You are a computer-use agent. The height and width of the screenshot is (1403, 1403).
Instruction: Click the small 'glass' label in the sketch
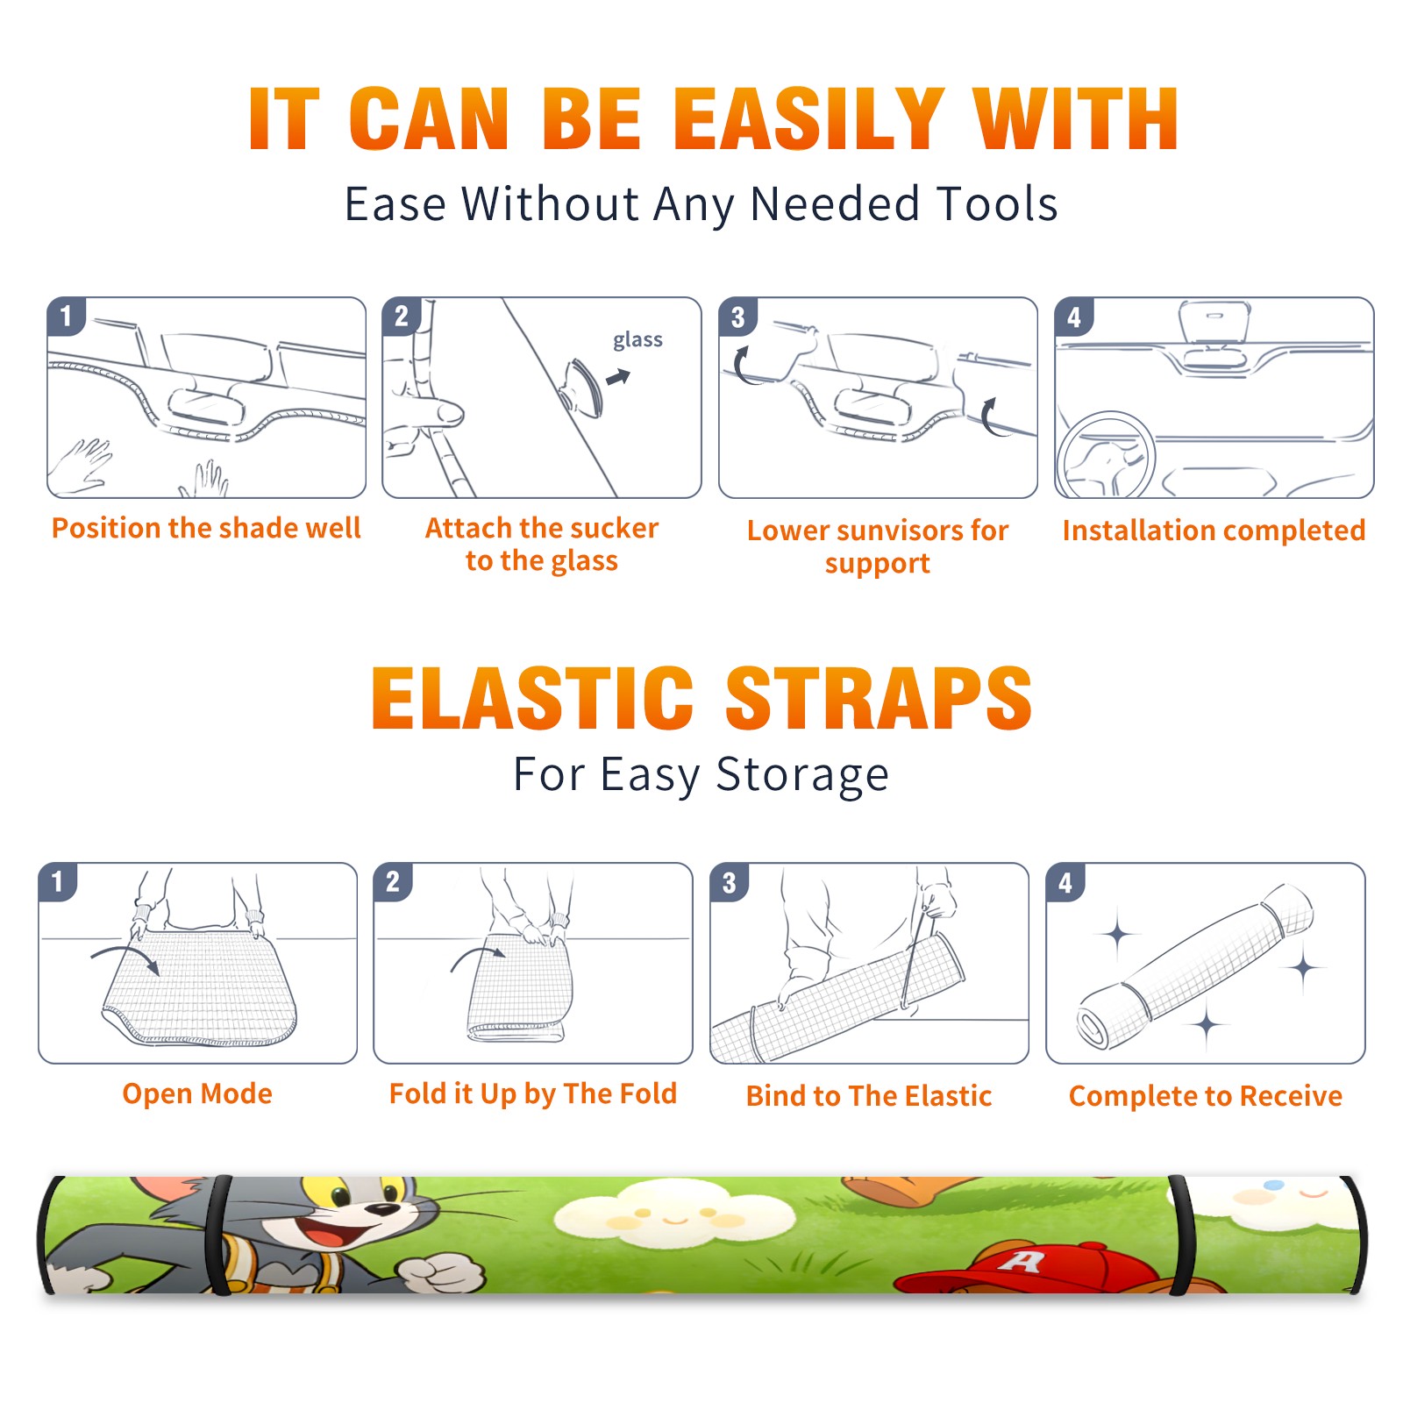637,339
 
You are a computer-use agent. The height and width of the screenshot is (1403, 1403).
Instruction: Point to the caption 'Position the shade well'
206,528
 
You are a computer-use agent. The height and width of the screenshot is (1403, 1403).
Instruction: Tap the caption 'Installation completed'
1214,530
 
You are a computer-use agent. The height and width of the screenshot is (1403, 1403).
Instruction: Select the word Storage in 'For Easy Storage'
802,775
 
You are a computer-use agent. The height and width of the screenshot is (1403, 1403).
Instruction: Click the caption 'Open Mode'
197,1093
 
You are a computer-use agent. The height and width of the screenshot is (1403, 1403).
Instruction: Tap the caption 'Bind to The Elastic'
868,1095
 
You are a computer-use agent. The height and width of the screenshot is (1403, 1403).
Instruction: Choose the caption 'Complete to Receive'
1205,1096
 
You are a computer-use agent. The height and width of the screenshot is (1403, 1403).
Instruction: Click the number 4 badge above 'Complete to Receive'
1065,882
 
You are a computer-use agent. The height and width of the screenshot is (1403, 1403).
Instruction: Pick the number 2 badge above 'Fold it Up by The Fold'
393,881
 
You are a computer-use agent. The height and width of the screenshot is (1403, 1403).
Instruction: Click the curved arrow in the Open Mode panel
125,958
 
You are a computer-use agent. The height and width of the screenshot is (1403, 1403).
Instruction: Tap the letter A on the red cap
1022,1261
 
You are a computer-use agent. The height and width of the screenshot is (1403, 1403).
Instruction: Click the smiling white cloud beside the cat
673,1214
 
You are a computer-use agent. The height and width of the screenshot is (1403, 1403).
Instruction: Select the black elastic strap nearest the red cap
1179,1235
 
